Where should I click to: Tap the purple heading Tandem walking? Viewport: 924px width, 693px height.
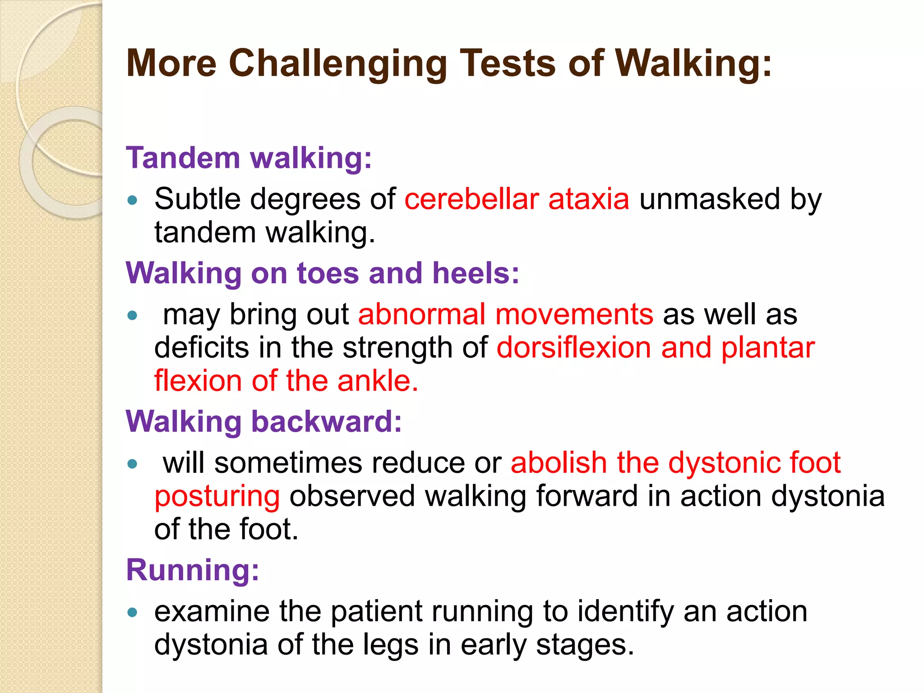click(x=249, y=158)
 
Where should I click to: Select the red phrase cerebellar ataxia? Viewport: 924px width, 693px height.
click(x=517, y=199)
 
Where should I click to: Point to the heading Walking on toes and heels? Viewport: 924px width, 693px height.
click(x=323, y=273)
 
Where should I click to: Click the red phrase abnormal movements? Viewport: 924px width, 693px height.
click(x=505, y=314)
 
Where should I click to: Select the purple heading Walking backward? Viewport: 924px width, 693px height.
click(x=264, y=421)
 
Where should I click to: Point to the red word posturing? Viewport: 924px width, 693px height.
click(x=217, y=496)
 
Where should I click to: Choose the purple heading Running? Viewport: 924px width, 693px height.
click(x=193, y=570)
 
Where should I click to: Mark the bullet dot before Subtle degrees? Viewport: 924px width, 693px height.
click(x=132, y=200)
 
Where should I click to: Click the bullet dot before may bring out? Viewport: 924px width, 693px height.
click(x=132, y=315)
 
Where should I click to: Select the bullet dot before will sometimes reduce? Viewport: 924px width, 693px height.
click(x=132, y=464)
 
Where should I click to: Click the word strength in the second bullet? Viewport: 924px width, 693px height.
click(x=397, y=347)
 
